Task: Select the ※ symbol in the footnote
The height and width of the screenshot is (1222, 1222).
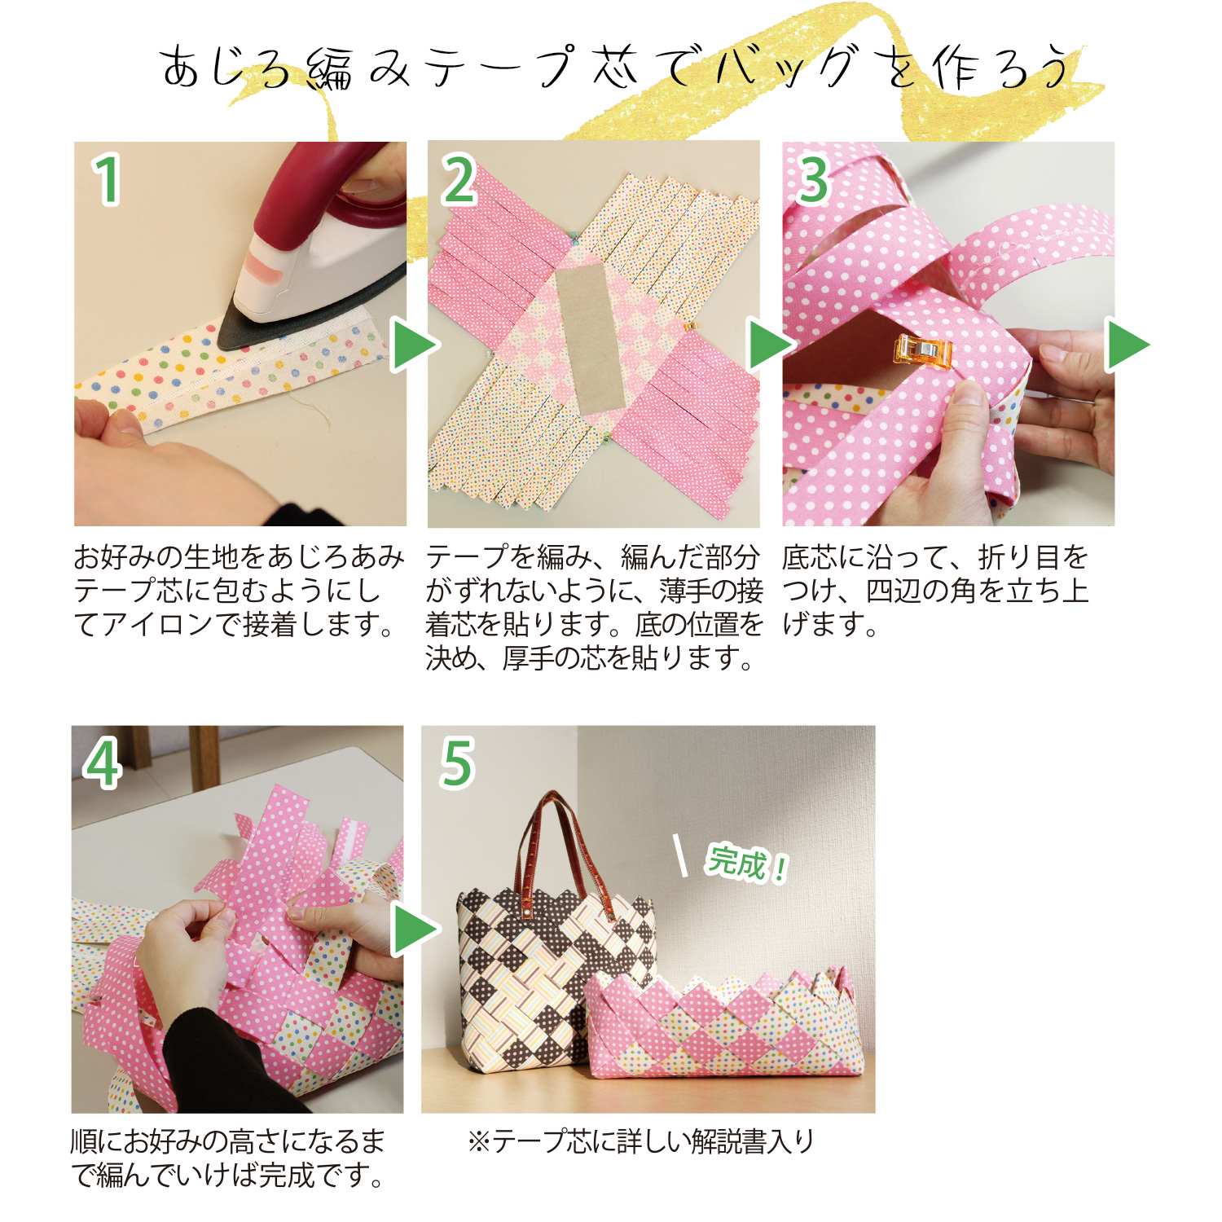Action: (x=479, y=1141)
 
